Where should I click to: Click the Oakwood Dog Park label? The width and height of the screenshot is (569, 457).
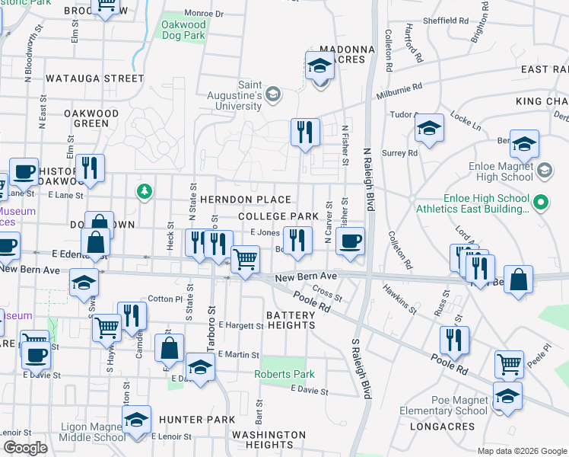183,30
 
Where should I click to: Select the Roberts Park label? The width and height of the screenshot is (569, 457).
274,374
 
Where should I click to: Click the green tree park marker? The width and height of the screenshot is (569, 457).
142,190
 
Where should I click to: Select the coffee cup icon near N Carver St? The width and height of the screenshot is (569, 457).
350,241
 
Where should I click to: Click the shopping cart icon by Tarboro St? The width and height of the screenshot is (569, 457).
245,260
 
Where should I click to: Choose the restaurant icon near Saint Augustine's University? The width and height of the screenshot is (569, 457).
304,132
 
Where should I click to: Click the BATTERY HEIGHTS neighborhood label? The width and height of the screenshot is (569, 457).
290,320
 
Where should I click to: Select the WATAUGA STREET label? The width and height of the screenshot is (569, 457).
94,78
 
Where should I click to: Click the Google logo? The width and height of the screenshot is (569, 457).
24,448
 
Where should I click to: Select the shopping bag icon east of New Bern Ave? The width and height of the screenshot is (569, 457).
518,280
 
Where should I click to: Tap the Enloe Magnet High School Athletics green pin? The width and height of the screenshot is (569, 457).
540,203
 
